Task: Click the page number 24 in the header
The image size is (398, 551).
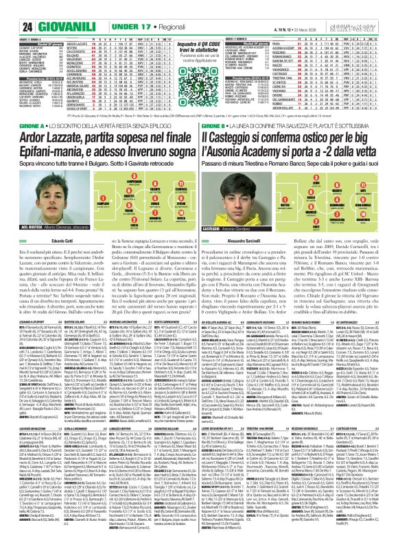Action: click(x=10, y=8)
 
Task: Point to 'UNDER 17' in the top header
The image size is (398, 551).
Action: click(x=83, y=8)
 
